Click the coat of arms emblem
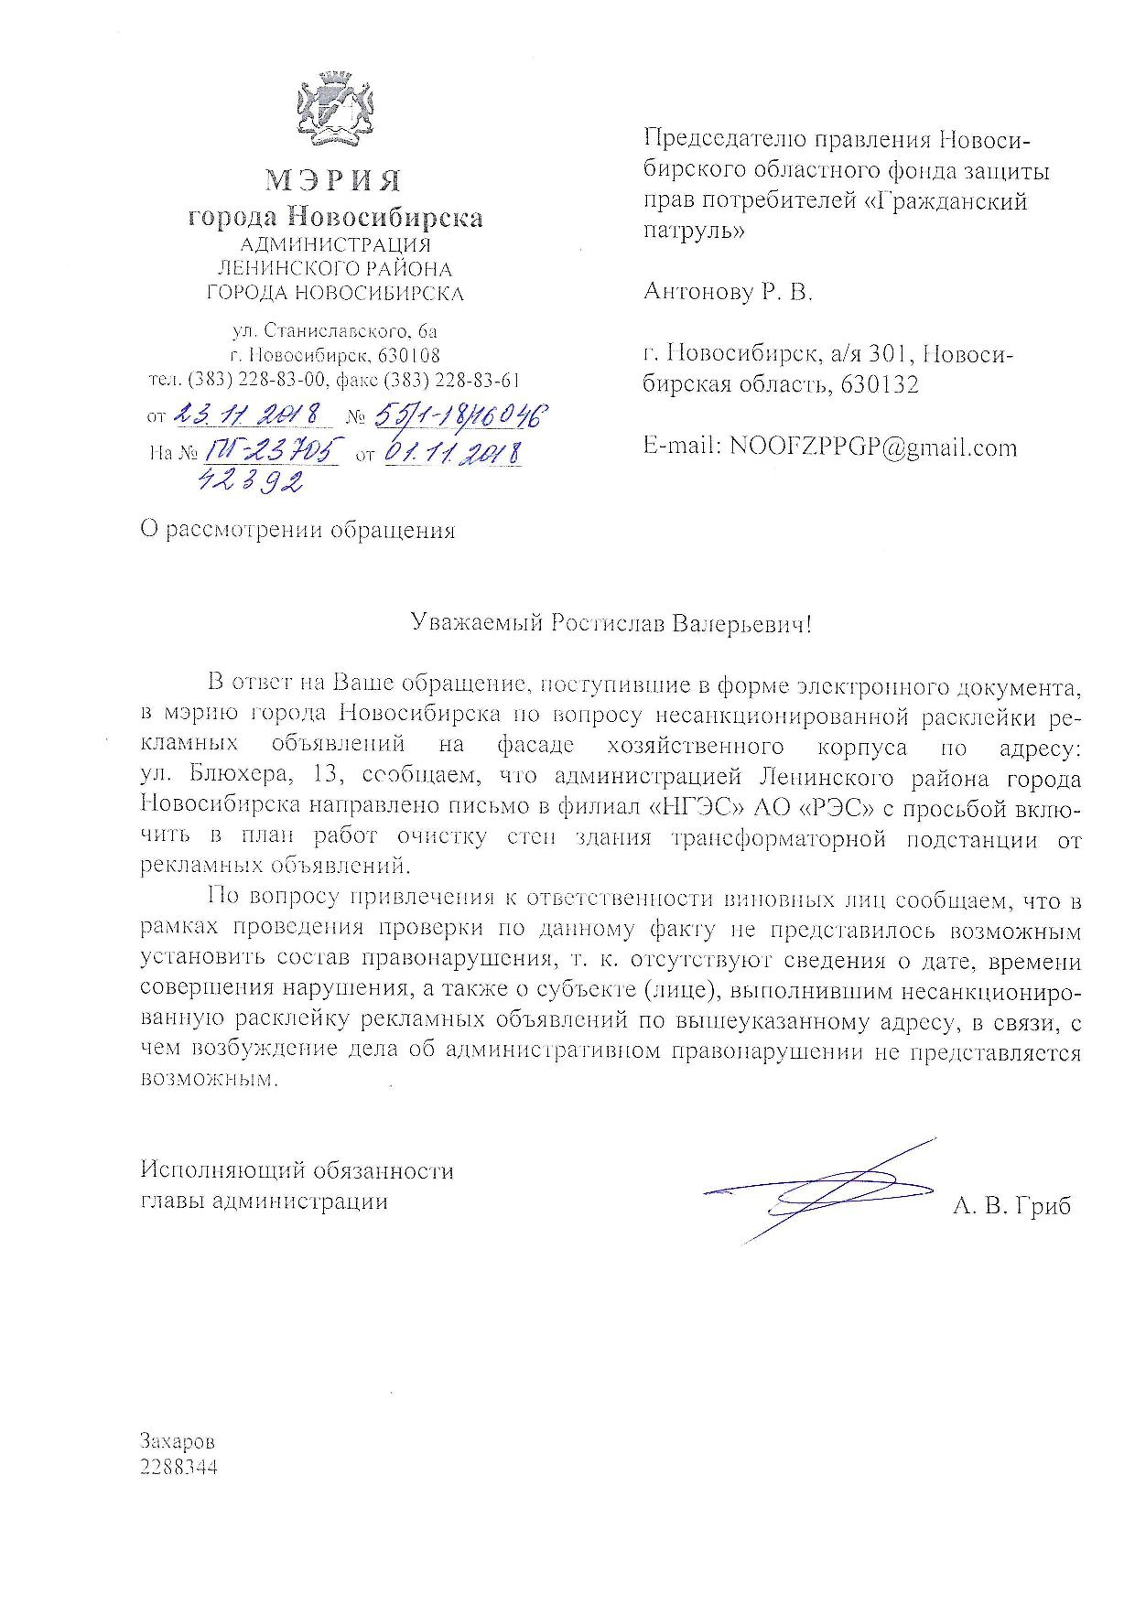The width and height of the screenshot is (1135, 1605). pos(334,114)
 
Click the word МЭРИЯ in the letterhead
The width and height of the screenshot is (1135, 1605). pos(334,180)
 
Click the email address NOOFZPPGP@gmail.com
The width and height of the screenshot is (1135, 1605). pos(872,447)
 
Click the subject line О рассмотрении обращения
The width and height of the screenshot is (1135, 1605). pos(297,531)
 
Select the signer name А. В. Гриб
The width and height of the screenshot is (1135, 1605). pos(1011,1205)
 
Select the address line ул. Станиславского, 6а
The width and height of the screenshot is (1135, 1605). pos(335,330)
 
